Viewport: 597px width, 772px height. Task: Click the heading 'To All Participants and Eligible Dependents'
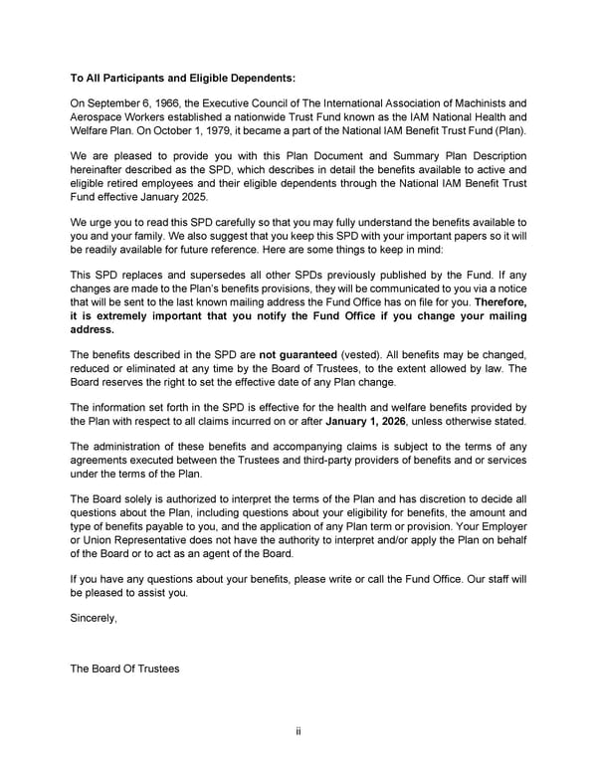[x=182, y=77]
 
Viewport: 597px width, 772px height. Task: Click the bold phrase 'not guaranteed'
[x=298, y=353]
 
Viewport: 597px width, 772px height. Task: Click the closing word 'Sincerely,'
[x=94, y=618]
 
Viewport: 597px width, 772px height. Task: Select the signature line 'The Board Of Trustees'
[x=124, y=669]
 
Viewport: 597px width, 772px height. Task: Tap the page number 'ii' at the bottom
[x=298, y=732]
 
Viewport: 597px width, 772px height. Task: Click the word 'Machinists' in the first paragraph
[x=482, y=102]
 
